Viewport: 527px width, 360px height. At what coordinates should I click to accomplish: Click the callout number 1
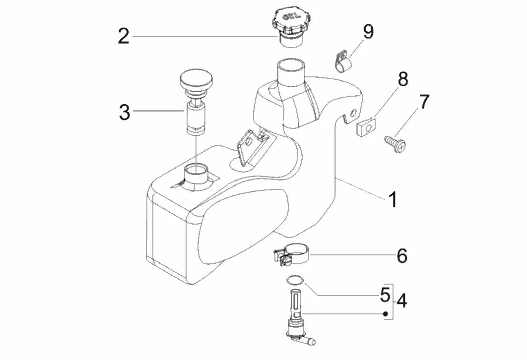(392, 200)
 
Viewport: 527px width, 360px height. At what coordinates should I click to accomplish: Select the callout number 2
(124, 36)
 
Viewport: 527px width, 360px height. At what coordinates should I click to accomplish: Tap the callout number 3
(124, 112)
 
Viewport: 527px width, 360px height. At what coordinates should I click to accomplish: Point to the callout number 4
(402, 300)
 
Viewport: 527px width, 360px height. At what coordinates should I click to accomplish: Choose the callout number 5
(385, 295)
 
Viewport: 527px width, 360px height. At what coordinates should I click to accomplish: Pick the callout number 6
(402, 256)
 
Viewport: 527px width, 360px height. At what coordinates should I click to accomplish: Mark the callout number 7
(423, 102)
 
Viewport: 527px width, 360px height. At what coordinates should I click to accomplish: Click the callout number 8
(402, 79)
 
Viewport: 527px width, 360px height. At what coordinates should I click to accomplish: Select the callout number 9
(368, 31)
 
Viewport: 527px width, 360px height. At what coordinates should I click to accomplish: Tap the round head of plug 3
(196, 79)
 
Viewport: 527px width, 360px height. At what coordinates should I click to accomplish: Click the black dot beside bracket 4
(385, 314)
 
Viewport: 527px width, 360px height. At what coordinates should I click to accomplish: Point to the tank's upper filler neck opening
(292, 65)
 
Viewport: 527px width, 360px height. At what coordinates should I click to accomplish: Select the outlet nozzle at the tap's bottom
(311, 342)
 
